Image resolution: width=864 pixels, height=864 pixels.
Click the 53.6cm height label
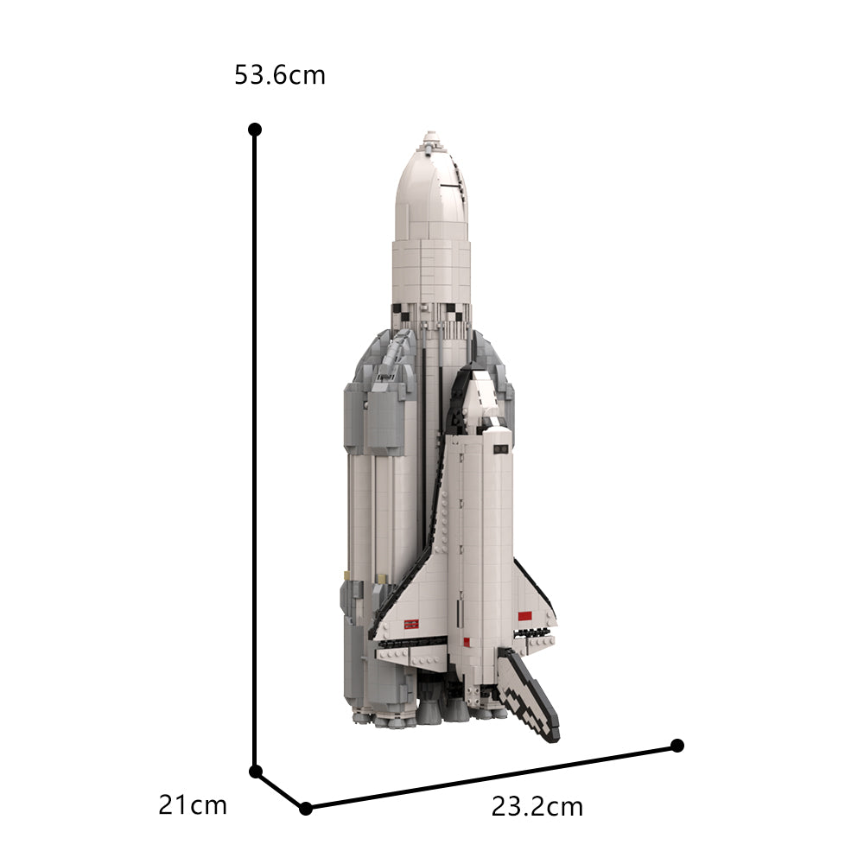click(x=280, y=75)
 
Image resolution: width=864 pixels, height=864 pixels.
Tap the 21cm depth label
click(x=193, y=805)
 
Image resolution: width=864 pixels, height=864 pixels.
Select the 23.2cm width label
click(x=537, y=807)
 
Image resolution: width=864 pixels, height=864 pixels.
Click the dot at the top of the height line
click(x=255, y=130)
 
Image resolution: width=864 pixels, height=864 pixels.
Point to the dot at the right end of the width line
click(x=677, y=745)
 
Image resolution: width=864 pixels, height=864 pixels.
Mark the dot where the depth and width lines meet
click(x=305, y=808)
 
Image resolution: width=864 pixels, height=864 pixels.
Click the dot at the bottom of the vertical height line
click(x=255, y=771)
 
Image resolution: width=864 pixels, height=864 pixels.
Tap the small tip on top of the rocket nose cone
click(x=429, y=137)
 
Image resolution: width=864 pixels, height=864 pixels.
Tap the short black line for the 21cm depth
click(x=279, y=789)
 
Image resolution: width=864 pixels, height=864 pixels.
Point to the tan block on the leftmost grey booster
click(x=346, y=574)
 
